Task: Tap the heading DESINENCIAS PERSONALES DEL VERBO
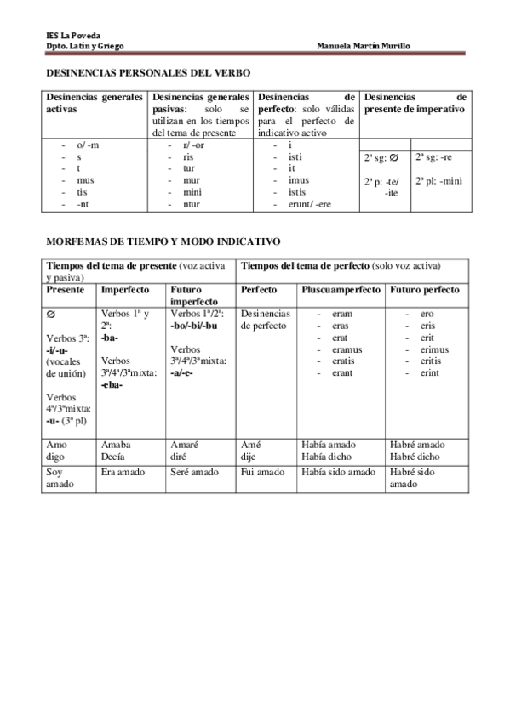point(147,75)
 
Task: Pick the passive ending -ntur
point(192,204)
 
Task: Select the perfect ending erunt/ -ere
point(304,204)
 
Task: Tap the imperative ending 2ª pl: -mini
point(438,180)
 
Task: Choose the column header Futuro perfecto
point(424,290)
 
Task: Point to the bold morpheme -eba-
point(112,385)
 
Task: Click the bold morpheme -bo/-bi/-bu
point(194,326)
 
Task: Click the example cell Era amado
point(123,472)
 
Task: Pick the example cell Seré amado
point(195,472)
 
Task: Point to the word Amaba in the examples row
point(116,444)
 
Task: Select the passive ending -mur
point(192,180)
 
